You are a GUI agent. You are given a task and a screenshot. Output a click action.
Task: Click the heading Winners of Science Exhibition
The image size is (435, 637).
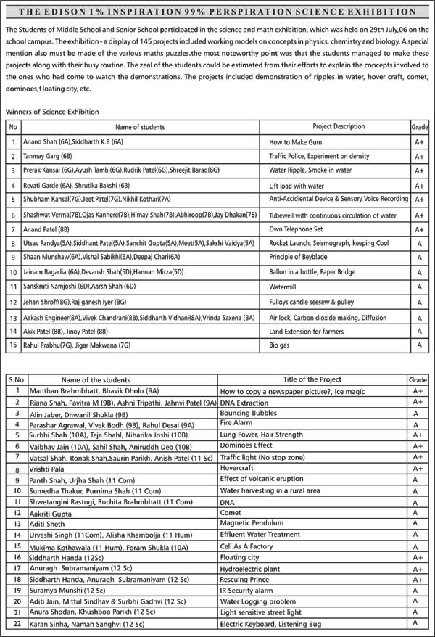tap(52, 112)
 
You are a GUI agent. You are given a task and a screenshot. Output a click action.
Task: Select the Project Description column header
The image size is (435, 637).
tap(339, 126)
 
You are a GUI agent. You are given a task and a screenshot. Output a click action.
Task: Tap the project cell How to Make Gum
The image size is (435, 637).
tap(296, 142)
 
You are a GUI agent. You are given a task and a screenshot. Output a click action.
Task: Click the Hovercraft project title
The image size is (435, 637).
tap(241, 469)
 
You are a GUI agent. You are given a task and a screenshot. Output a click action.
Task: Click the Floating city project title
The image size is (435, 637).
tap(240, 557)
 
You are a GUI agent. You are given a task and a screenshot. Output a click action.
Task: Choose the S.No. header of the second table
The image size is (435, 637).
tap(17, 379)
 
